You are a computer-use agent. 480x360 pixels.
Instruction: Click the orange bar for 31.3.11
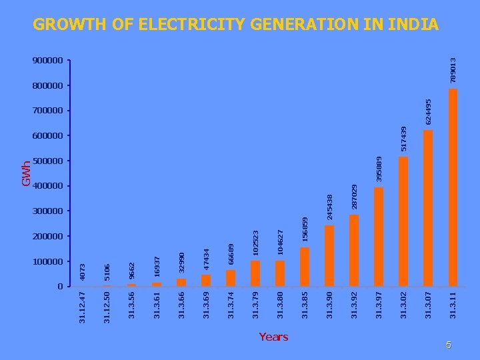[453, 187]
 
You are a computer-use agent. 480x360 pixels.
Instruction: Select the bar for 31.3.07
[428, 208]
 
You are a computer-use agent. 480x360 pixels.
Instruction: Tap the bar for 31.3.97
[379, 237]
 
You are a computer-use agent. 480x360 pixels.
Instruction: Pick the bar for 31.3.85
[305, 267]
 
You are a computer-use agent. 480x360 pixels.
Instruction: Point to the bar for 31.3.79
[255, 273]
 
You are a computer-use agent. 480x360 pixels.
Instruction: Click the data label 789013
[453, 71]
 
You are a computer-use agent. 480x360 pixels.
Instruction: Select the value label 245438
[330, 207]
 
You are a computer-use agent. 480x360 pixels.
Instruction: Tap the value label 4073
[83, 272]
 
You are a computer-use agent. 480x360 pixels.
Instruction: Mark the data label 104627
[280, 243]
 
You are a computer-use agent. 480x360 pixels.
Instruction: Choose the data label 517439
[404, 139]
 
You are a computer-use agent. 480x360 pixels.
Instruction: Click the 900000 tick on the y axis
[47, 60]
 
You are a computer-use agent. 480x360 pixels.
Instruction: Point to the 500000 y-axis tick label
[47, 161]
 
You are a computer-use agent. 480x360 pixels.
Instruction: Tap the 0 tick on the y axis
[60, 287]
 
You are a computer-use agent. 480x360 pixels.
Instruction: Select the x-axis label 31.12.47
[82, 307]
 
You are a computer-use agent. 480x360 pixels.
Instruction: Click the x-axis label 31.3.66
[181, 305]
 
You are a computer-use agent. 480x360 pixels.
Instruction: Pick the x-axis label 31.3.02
[403, 305]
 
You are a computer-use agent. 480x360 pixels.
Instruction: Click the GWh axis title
[26, 173]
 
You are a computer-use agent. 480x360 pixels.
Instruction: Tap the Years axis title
[274, 337]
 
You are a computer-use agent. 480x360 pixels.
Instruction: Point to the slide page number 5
[449, 345]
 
